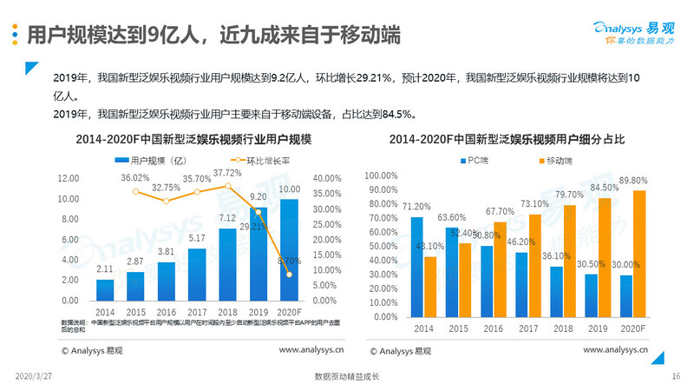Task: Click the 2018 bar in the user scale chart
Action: (228, 264)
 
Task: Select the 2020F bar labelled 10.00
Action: (289, 249)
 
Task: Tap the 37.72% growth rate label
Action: (227, 173)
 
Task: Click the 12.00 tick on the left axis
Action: (68, 178)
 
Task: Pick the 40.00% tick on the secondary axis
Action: (324, 178)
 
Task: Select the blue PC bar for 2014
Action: (416, 266)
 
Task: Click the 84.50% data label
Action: (606, 188)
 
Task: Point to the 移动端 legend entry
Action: (556, 161)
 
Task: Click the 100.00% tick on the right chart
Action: (381, 176)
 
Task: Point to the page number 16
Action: (676, 376)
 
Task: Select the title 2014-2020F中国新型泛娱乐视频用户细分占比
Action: (507, 139)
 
